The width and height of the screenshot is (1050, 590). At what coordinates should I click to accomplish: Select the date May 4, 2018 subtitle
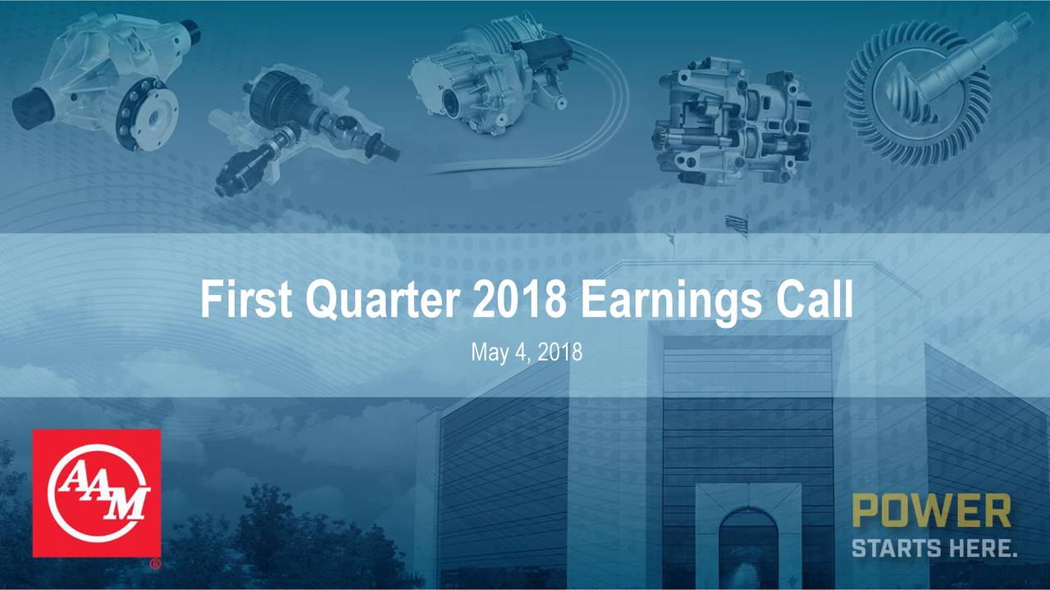pos(526,353)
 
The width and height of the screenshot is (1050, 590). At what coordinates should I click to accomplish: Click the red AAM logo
pos(97,492)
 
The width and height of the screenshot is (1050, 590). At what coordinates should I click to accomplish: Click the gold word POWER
pos(931,511)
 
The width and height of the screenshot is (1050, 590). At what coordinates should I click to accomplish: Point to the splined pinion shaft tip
pos(1020,25)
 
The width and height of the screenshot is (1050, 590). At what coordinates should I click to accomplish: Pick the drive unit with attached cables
pos(492,78)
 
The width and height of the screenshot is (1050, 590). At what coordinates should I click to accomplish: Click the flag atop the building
pos(736,225)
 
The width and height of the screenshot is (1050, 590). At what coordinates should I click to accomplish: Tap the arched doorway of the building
pos(747,545)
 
